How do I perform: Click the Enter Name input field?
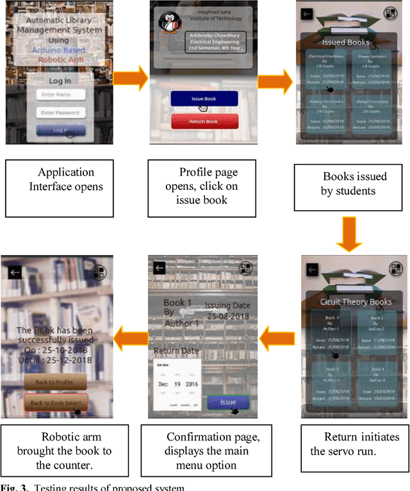pos(60,95)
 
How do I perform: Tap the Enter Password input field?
pos(60,113)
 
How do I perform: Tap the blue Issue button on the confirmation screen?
pos(227,401)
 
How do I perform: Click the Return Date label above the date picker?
pos(176,351)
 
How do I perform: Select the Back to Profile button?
pos(55,383)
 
